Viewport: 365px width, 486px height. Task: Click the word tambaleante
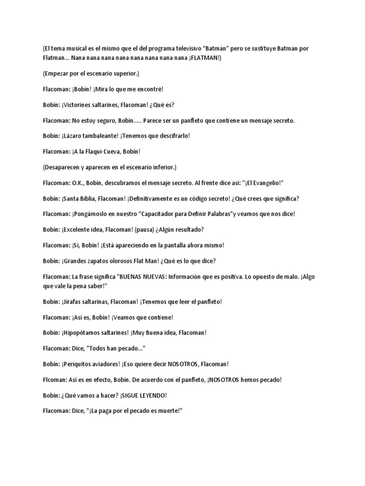(x=103, y=136)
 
